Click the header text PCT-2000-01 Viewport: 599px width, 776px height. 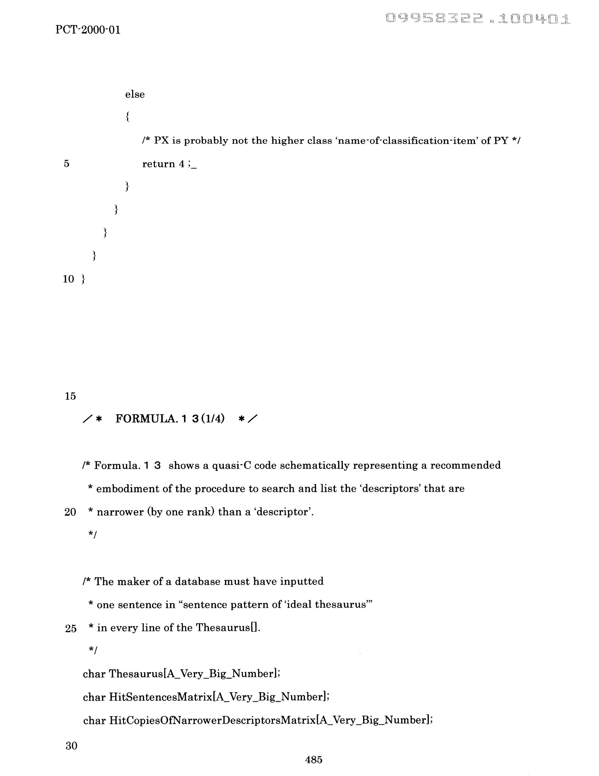click(x=88, y=30)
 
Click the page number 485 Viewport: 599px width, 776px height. click(x=313, y=760)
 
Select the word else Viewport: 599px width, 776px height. click(x=135, y=95)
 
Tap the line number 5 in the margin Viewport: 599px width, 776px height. click(x=67, y=164)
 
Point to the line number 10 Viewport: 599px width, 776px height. click(x=68, y=279)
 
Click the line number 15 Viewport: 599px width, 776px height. click(x=70, y=396)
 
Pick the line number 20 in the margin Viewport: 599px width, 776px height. click(x=70, y=512)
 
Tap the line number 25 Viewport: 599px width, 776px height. click(x=71, y=629)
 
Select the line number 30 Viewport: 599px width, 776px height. click(x=71, y=745)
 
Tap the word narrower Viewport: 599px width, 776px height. click(x=119, y=512)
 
